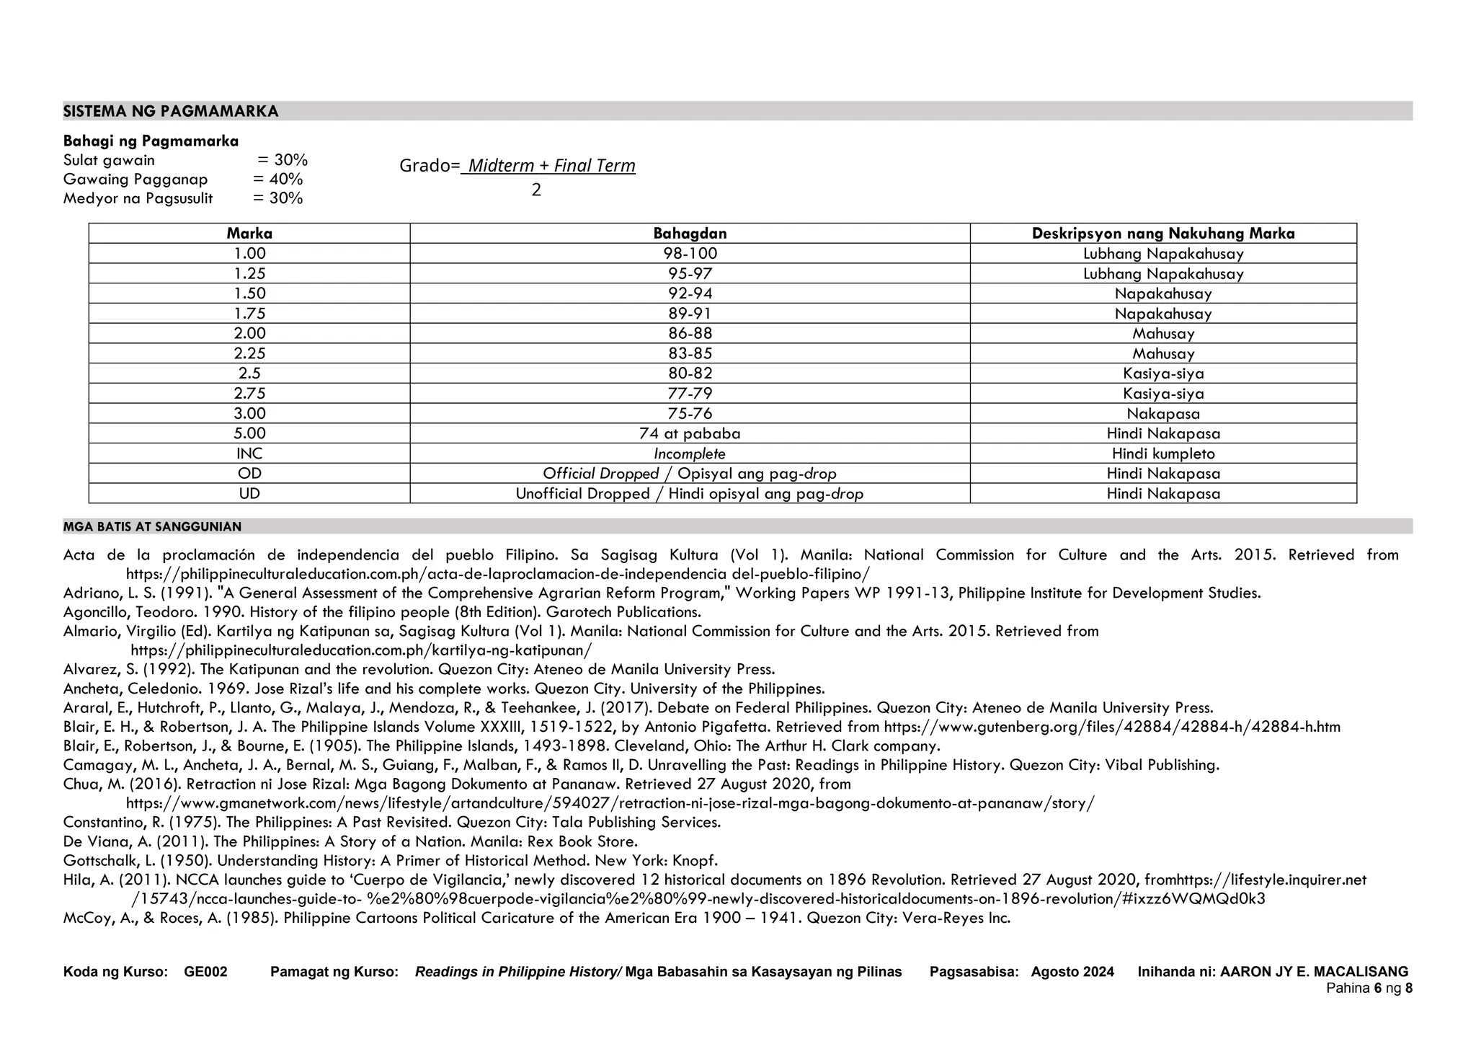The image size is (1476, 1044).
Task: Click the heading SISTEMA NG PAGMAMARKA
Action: coord(171,111)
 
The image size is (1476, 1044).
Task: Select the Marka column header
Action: coord(249,234)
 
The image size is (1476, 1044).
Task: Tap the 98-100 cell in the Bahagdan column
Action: coord(690,254)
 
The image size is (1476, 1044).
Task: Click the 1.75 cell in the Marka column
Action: coord(249,314)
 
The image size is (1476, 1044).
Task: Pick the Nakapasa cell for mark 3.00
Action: coord(1162,414)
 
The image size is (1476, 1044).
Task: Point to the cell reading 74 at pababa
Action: coord(690,434)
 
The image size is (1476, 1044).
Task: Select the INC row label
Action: coord(249,454)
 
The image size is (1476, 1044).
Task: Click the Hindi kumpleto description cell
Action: coord(1162,454)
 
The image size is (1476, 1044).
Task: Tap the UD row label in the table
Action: coord(249,494)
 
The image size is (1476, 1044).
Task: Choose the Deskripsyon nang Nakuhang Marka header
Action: coord(1162,234)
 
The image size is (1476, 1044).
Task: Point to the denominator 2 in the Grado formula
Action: coord(536,190)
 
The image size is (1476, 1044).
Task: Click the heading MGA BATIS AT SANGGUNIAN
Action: coord(152,527)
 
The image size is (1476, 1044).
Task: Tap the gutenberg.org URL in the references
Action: coord(1111,727)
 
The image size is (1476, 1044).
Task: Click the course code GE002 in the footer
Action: coord(205,972)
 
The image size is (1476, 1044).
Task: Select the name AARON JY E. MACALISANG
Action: coord(1313,972)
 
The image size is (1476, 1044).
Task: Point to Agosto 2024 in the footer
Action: coord(1072,972)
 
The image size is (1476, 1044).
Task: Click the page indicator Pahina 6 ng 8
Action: coord(1369,988)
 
